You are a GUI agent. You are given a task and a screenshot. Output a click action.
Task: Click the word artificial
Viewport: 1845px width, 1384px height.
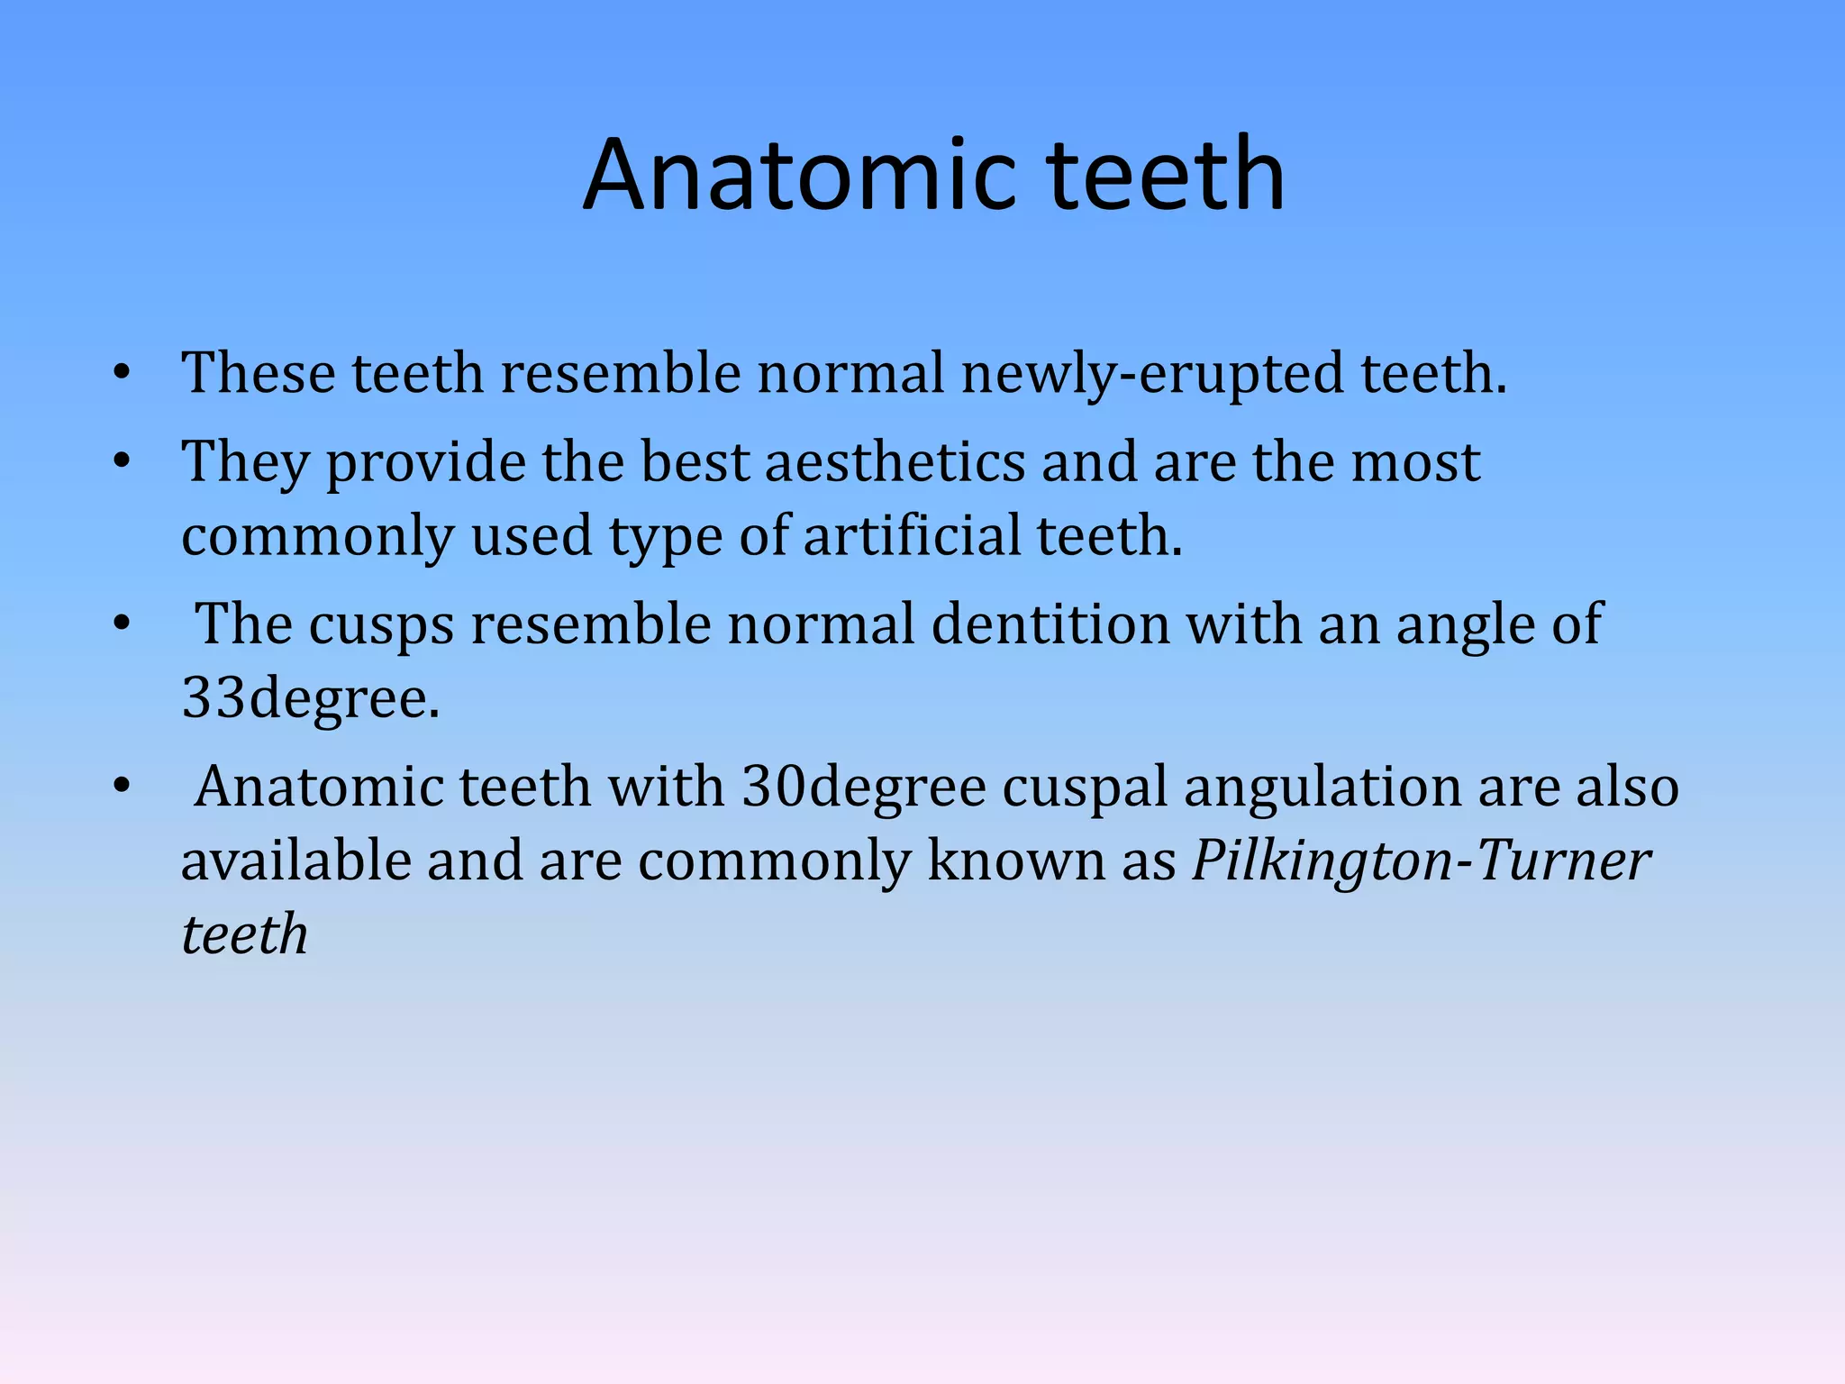(x=911, y=535)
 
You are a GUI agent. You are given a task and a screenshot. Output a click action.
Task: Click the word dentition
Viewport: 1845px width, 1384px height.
(x=1050, y=624)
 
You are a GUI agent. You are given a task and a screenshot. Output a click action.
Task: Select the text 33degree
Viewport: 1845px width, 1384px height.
(x=310, y=697)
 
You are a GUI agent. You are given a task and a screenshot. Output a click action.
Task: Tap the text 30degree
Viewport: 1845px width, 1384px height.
(x=864, y=787)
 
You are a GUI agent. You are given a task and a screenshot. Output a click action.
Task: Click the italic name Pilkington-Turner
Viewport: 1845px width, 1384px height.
(x=1421, y=860)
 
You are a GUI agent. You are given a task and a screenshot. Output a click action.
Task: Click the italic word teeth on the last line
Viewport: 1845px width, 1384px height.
(x=244, y=933)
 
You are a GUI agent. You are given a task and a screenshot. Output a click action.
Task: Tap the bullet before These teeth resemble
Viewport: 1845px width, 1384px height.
(x=123, y=373)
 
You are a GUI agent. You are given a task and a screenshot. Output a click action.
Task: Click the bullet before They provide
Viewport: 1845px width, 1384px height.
(x=123, y=462)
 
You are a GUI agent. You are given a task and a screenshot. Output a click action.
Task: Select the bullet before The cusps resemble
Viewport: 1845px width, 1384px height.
(x=123, y=624)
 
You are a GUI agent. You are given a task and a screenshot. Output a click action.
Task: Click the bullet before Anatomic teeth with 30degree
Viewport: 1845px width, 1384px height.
(x=123, y=787)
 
